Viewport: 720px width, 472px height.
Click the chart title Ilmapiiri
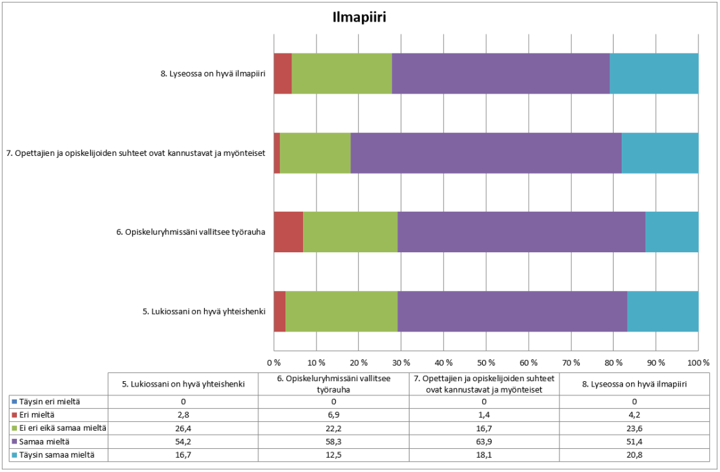[359, 18]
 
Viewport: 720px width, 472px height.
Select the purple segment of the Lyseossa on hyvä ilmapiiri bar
[500, 73]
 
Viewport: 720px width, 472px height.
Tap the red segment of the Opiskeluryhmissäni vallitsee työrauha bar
[288, 232]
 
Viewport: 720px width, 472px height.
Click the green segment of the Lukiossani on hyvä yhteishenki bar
[341, 311]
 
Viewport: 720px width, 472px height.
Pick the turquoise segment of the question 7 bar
[660, 153]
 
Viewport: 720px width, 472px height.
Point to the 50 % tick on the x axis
[486, 362]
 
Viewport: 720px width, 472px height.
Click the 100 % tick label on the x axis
[698, 362]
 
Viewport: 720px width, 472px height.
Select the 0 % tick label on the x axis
[274, 362]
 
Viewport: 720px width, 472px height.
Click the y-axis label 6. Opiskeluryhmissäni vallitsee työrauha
[190, 232]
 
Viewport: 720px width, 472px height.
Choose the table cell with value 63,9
[485, 441]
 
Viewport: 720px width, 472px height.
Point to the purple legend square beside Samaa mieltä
[14, 441]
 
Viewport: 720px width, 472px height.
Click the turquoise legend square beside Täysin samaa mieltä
[14, 454]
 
